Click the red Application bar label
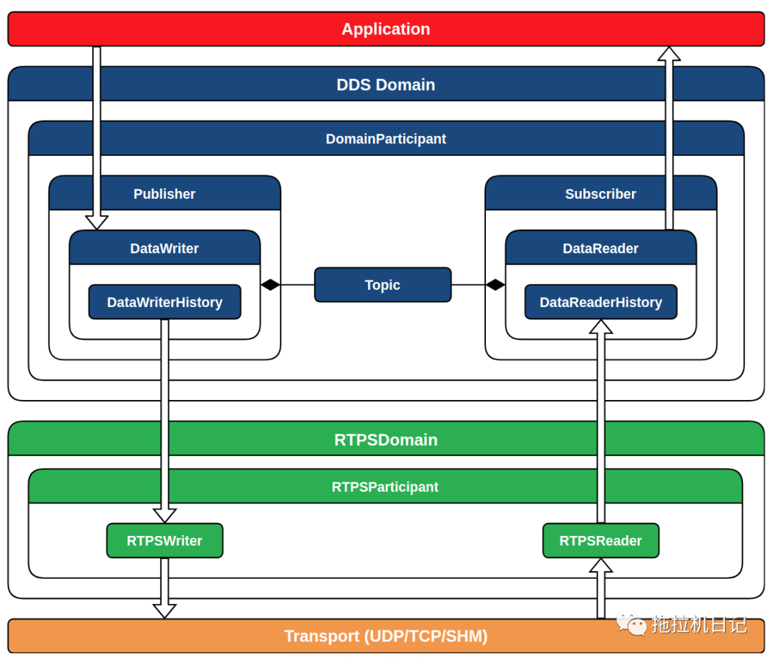tap(386, 29)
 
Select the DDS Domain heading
tap(386, 84)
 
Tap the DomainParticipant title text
tap(386, 139)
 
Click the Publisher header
tap(165, 194)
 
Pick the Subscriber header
tap(601, 194)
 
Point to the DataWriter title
tap(165, 248)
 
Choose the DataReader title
tap(601, 248)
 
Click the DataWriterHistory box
tap(165, 302)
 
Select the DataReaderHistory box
tap(601, 302)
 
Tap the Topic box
tap(382, 285)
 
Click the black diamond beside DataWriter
tap(270, 285)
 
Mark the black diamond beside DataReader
tap(495, 285)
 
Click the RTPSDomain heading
tap(386, 439)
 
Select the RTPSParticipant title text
tap(385, 487)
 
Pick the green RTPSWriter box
tap(165, 541)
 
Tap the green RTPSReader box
tap(601, 541)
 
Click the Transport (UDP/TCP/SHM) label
tap(386, 636)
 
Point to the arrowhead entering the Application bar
tap(669, 54)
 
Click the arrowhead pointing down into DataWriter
tap(97, 223)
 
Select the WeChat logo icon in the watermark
tap(631, 623)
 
